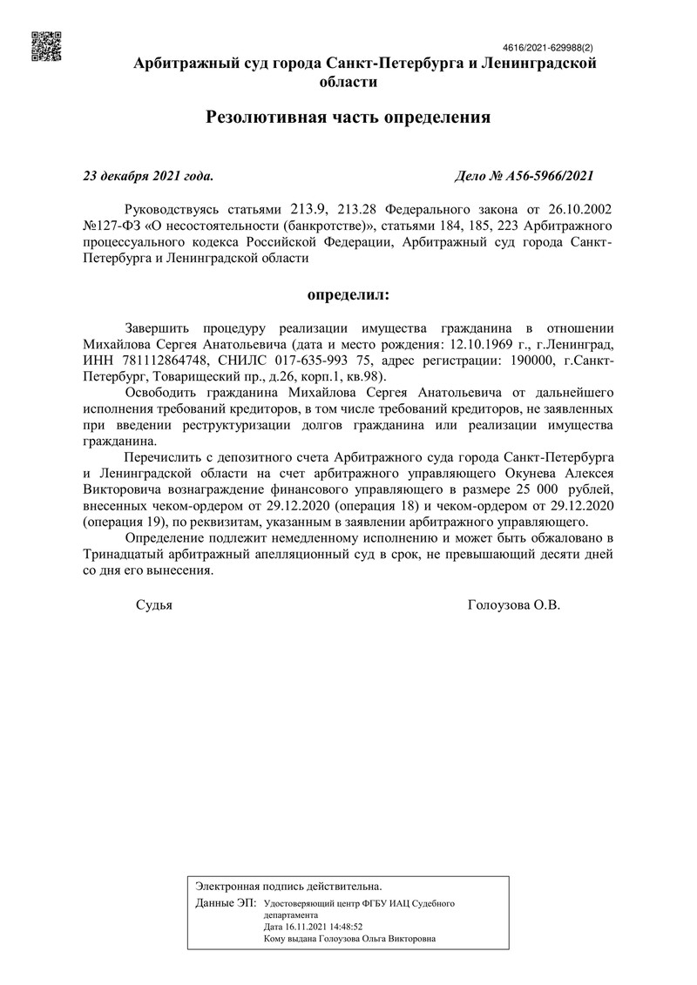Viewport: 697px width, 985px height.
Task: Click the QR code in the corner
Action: click(x=46, y=46)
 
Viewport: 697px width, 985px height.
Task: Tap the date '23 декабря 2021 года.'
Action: click(x=147, y=175)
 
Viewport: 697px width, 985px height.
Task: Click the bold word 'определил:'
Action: click(x=348, y=294)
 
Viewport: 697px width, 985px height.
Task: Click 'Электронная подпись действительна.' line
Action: click(x=288, y=886)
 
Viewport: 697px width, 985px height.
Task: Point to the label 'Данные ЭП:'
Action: click(x=226, y=903)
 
